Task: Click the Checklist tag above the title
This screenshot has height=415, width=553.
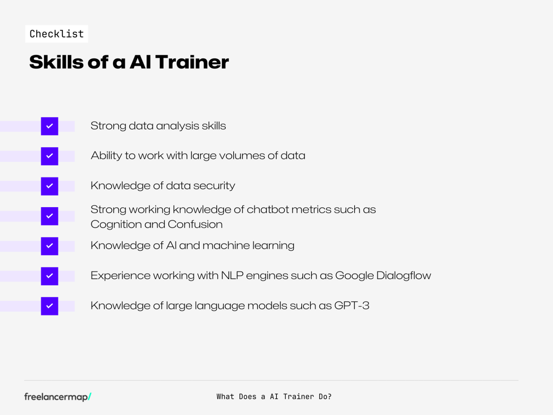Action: pyautogui.click(x=57, y=34)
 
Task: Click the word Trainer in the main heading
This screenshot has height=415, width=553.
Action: pyautogui.click(x=192, y=62)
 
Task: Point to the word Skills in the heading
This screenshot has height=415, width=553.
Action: pyautogui.click(x=56, y=62)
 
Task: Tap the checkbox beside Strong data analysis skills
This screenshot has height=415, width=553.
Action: pyautogui.click(x=50, y=126)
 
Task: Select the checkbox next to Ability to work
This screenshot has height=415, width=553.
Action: pyautogui.click(x=50, y=156)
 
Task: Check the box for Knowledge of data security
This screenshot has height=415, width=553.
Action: pyautogui.click(x=50, y=186)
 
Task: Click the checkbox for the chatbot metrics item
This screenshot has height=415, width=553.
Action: pyautogui.click(x=50, y=216)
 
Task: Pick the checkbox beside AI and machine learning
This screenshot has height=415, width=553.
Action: pyautogui.click(x=50, y=246)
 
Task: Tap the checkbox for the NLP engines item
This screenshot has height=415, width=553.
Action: pyautogui.click(x=50, y=276)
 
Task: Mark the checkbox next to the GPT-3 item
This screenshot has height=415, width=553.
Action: pyautogui.click(x=50, y=306)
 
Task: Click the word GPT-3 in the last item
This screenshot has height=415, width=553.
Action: pyautogui.click(x=352, y=305)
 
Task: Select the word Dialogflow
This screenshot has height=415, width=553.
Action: pyautogui.click(x=404, y=276)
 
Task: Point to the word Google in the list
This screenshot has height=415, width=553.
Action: pyautogui.click(x=354, y=276)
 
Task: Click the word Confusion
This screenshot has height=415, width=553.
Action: pyautogui.click(x=195, y=224)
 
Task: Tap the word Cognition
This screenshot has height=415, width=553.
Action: pyautogui.click(x=116, y=225)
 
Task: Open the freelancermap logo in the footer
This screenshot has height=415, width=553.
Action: pyautogui.click(x=58, y=397)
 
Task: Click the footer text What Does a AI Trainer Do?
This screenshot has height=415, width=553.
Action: pyautogui.click(x=274, y=397)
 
